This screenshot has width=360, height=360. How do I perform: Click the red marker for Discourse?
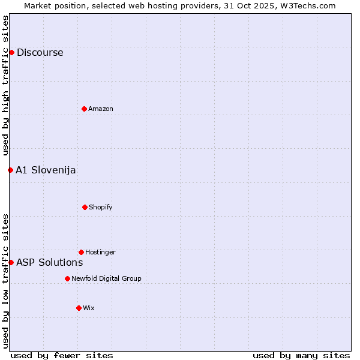[11, 52]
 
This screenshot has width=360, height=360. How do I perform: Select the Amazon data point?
[84, 109]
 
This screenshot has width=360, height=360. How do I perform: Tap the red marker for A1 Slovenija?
[10, 170]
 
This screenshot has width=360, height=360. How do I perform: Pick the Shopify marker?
[85, 207]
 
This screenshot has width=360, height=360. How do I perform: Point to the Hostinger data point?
[81, 252]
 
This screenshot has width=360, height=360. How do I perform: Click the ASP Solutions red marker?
[11, 262]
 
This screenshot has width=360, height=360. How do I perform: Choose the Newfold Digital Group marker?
[67, 278]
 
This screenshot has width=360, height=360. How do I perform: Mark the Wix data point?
[79, 308]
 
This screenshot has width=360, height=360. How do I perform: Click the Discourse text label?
[40, 52]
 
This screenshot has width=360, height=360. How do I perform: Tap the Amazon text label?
[101, 109]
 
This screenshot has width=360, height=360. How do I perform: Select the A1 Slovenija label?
[46, 170]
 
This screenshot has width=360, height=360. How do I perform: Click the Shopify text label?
[101, 207]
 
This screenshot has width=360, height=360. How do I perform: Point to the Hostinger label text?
[100, 252]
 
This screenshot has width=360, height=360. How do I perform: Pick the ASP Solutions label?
[49, 262]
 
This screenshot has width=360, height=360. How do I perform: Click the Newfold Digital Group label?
[106, 278]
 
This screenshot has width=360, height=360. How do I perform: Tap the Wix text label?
[89, 308]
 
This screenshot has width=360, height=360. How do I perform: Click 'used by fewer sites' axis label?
[62, 355]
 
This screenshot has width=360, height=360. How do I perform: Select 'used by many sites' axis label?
[301, 355]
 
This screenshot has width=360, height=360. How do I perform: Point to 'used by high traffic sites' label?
[5, 86]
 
